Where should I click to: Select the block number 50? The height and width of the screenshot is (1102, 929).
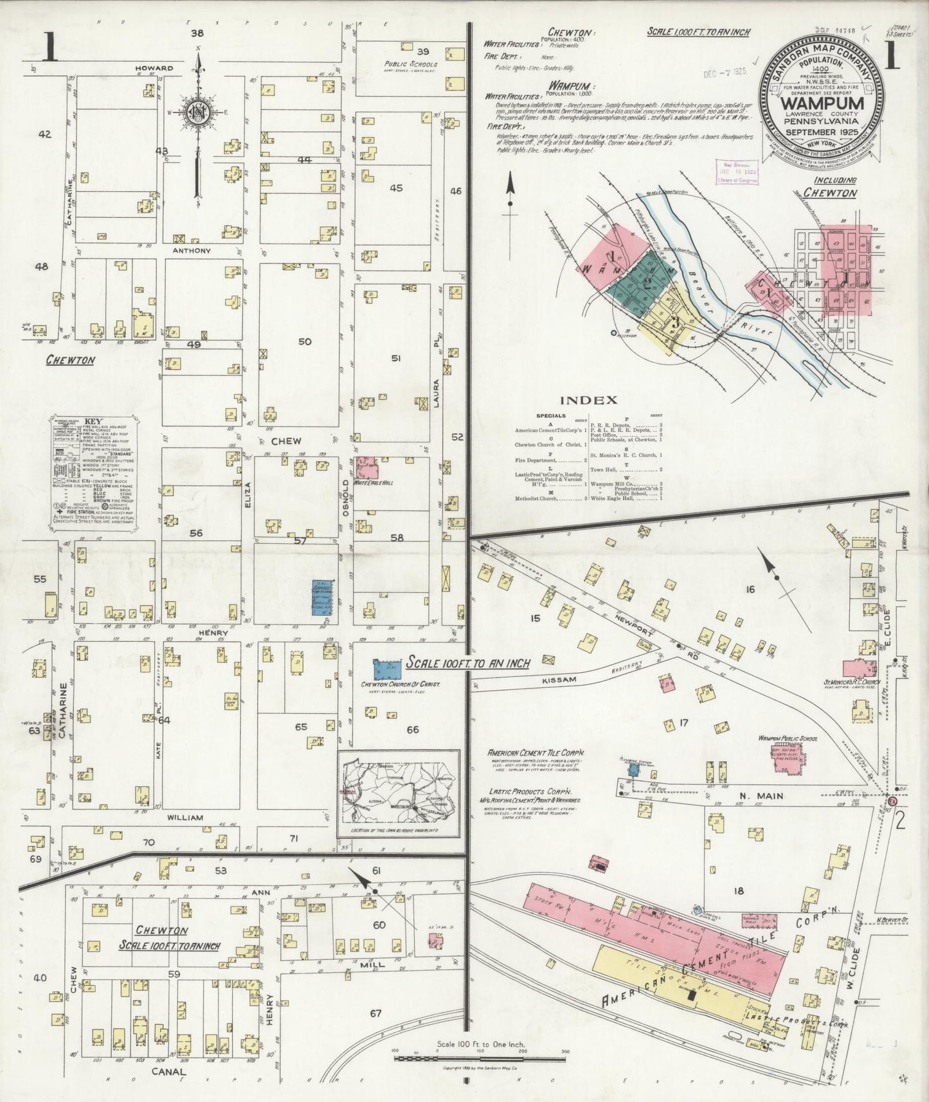[x=305, y=341]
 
